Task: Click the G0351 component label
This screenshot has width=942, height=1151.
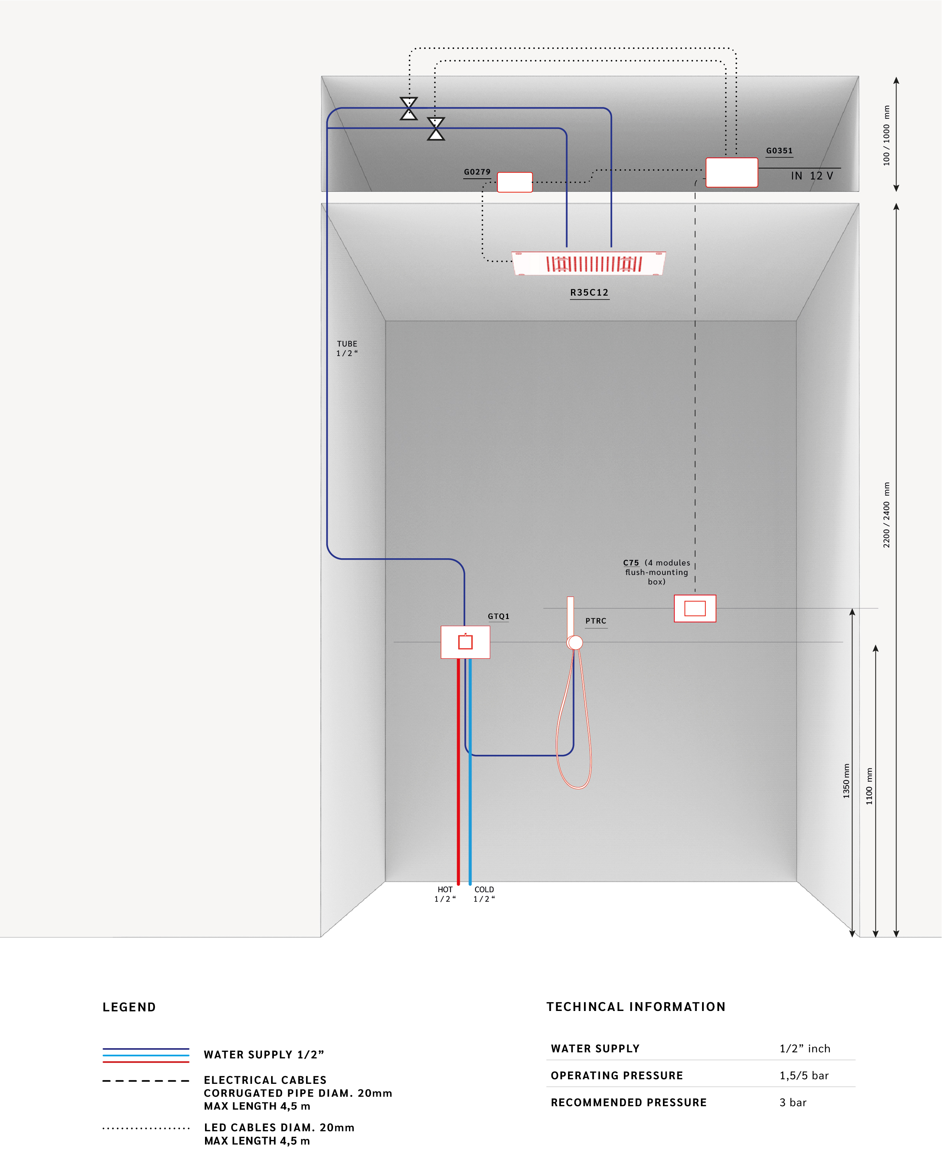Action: coord(779,151)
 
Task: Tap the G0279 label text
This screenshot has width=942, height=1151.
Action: coord(477,172)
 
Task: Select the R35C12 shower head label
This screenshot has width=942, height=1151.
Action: coord(589,292)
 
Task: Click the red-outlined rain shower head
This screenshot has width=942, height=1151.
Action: coord(589,264)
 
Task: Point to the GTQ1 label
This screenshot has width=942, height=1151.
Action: coord(498,616)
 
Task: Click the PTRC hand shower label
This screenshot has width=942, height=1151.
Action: coord(596,621)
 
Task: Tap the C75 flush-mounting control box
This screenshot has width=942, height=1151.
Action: coord(695,609)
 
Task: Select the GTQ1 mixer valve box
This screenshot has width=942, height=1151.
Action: coord(465,642)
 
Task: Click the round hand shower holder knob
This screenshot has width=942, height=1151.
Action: coord(575,643)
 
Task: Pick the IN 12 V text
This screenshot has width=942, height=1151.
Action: coord(812,176)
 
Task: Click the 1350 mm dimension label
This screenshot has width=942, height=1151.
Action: coord(846,781)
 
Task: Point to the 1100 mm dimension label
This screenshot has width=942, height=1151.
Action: coord(869,786)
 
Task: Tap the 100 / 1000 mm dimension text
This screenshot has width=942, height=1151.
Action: coord(887,135)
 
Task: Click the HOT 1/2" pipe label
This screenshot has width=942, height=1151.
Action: coord(445,894)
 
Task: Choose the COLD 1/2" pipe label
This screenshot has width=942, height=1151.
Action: coord(484,894)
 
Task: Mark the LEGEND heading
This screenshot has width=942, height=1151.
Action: coord(129,1007)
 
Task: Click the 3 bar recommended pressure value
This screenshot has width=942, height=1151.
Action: coord(793,1102)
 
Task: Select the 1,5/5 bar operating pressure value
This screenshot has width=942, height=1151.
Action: coord(804,1075)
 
